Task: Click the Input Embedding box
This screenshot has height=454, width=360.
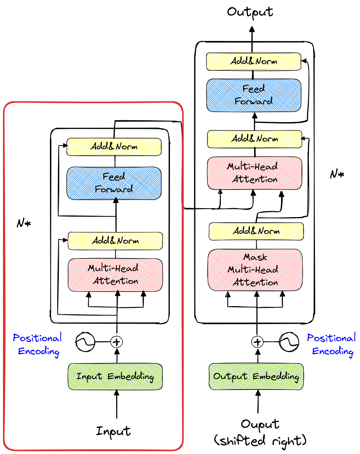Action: [x=115, y=377]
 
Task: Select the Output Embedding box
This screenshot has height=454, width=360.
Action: [x=256, y=377]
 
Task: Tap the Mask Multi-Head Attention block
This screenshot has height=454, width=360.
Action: [x=255, y=270]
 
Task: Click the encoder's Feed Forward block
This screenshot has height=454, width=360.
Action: [x=114, y=183]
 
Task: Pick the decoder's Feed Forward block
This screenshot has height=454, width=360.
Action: [x=254, y=95]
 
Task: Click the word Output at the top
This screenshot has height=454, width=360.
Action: [x=250, y=12]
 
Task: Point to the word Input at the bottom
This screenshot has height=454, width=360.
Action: [x=114, y=431]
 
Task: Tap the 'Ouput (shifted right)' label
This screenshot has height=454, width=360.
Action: [x=260, y=433]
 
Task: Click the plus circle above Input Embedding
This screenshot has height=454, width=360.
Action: [x=117, y=341]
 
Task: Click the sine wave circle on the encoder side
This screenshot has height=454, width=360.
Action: [x=85, y=342]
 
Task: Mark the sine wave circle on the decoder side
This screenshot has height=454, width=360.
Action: [x=289, y=342]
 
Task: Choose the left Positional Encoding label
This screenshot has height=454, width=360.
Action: [x=37, y=345]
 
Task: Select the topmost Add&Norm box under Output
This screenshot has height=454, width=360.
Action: [x=254, y=61]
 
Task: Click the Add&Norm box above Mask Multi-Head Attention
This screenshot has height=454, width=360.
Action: [x=256, y=231]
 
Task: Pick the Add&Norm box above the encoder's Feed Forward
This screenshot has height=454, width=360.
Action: [x=114, y=147]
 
